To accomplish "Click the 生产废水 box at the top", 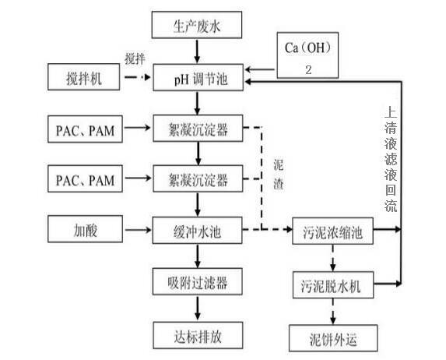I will pyautogui.click(x=198, y=27).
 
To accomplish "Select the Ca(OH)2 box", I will pyautogui.click(x=310, y=54).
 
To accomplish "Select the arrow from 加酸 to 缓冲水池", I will pyautogui.click(x=139, y=231).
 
